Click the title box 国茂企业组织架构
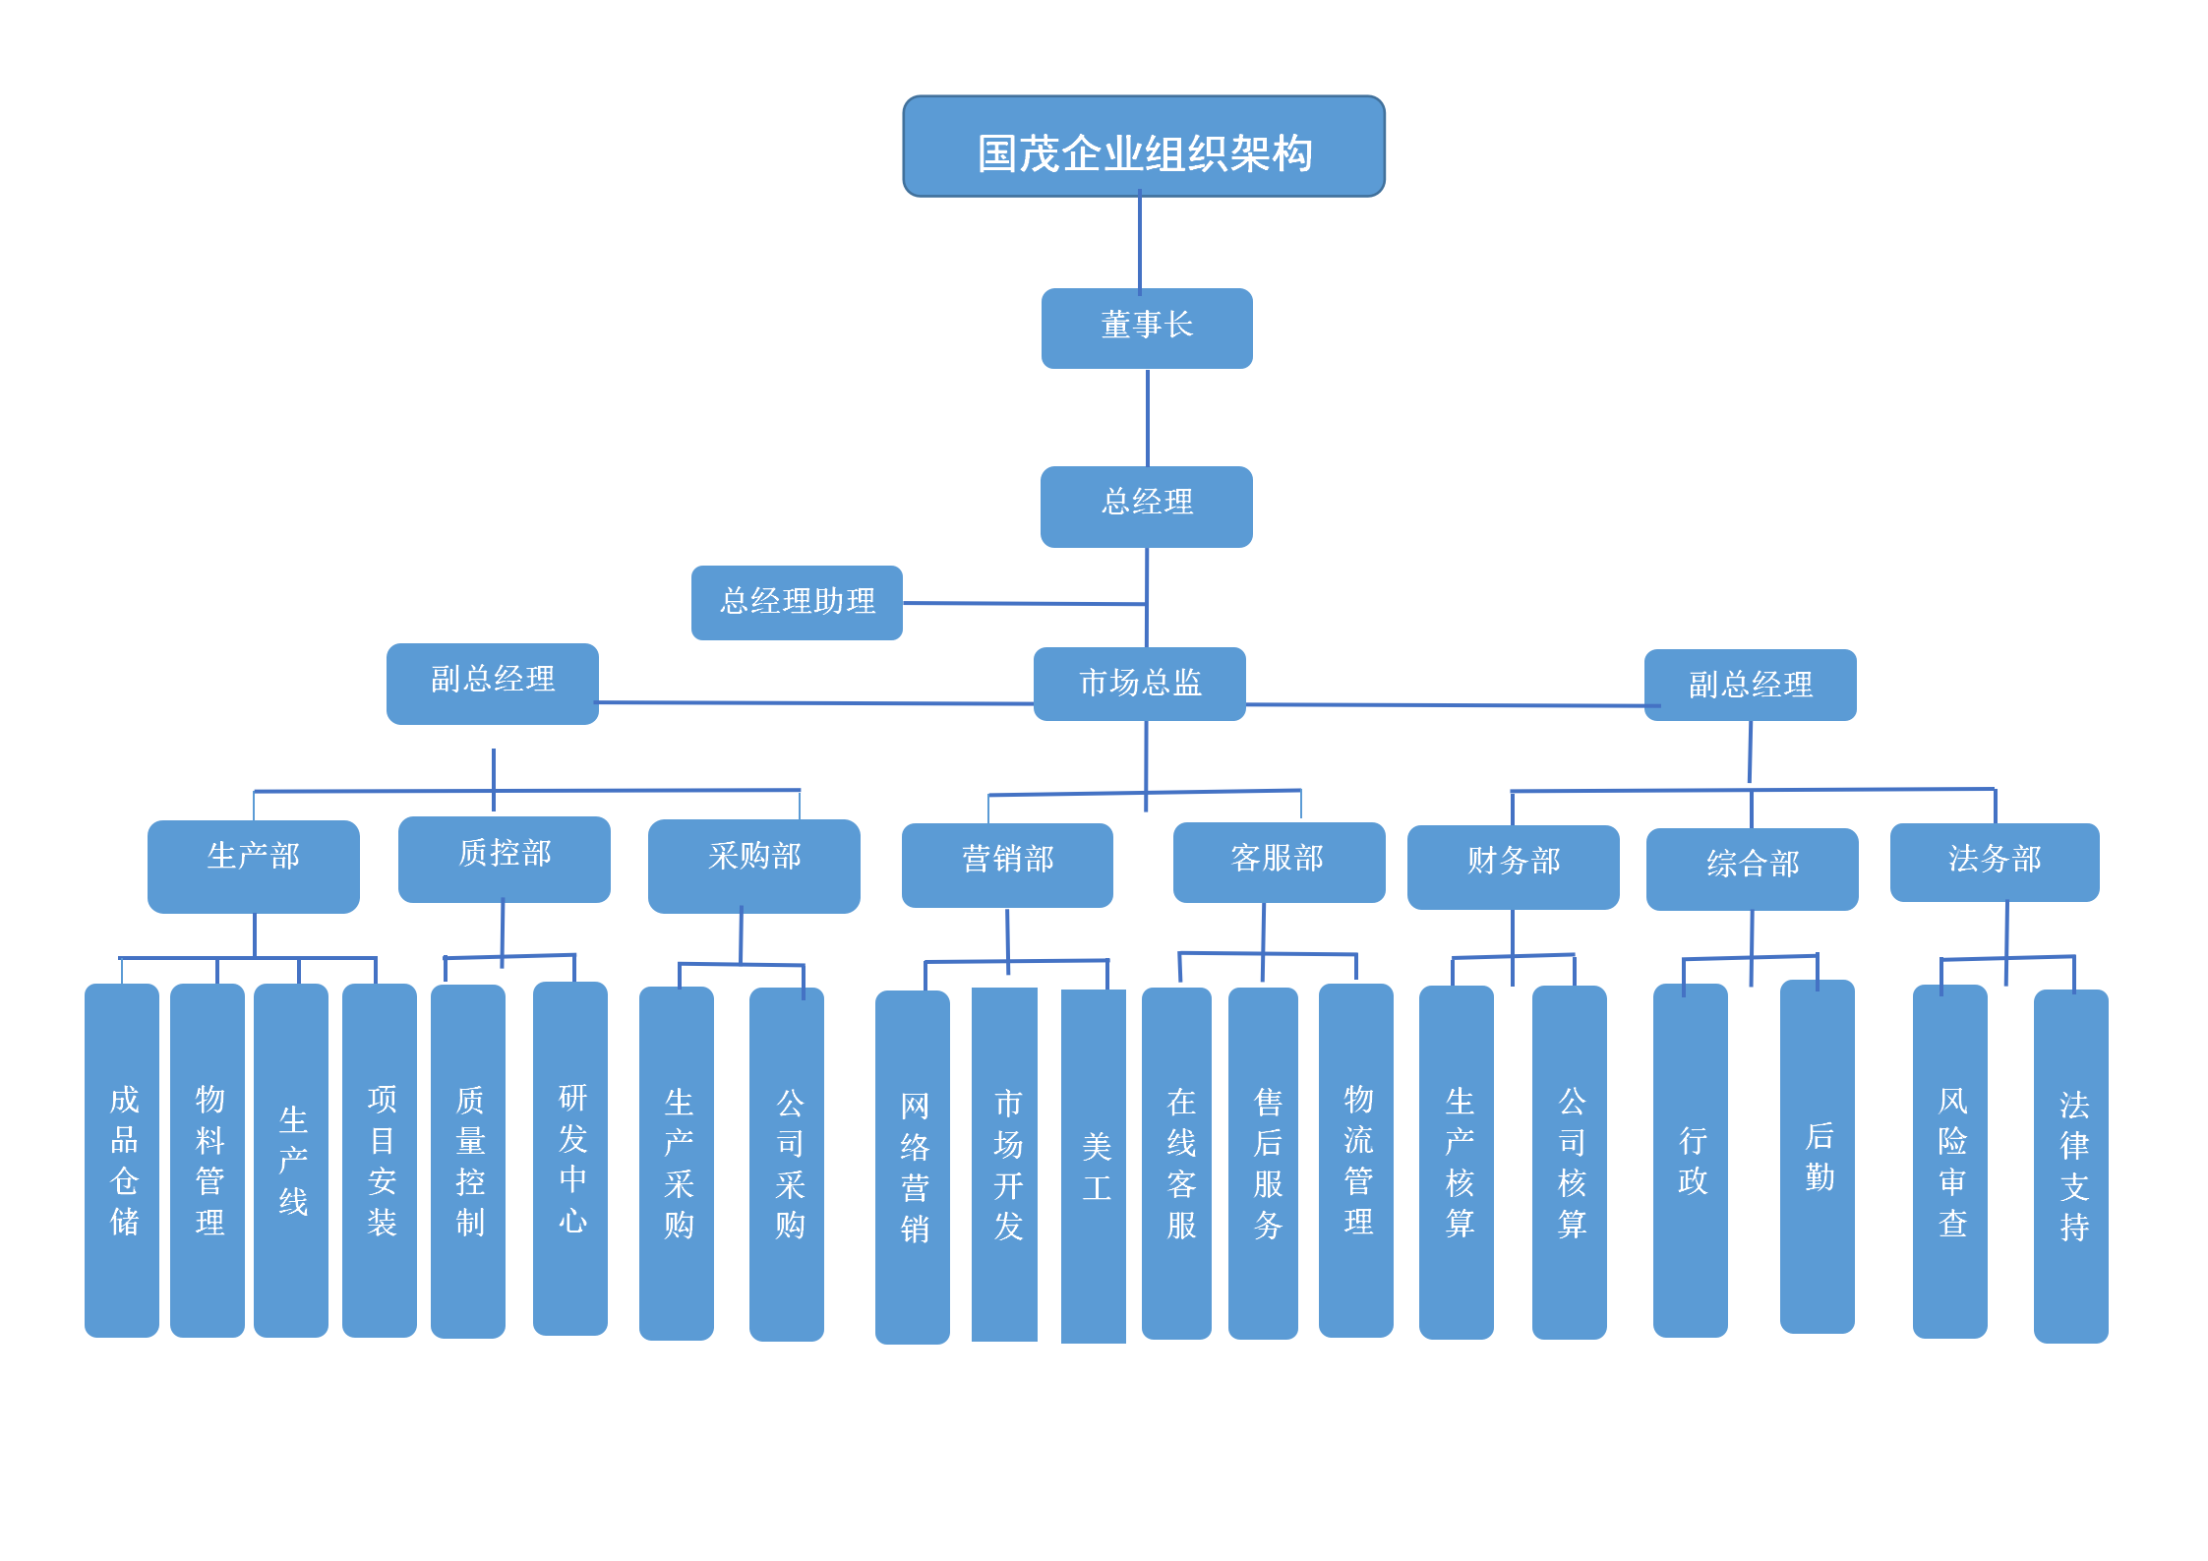coord(1144,148)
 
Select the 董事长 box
coord(1147,329)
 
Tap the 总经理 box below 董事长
coord(1147,507)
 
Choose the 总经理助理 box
coord(797,602)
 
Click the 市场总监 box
coord(1140,684)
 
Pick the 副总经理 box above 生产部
coord(492,684)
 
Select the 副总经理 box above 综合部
coord(1750,685)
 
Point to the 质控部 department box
coord(504,859)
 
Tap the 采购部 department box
coord(753,866)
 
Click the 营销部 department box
coord(1007,865)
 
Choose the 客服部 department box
coord(1279,862)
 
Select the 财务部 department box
coord(1513,867)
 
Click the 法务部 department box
coord(1994,862)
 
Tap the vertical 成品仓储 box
coord(122,1161)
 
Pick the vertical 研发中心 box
coord(570,1159)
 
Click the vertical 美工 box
coord(1094,1166)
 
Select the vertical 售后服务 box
coord(1263,1163)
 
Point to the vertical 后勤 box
coord(1817,1157)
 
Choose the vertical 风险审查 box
coord(1949,1162)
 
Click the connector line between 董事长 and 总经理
coord(1148,418)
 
